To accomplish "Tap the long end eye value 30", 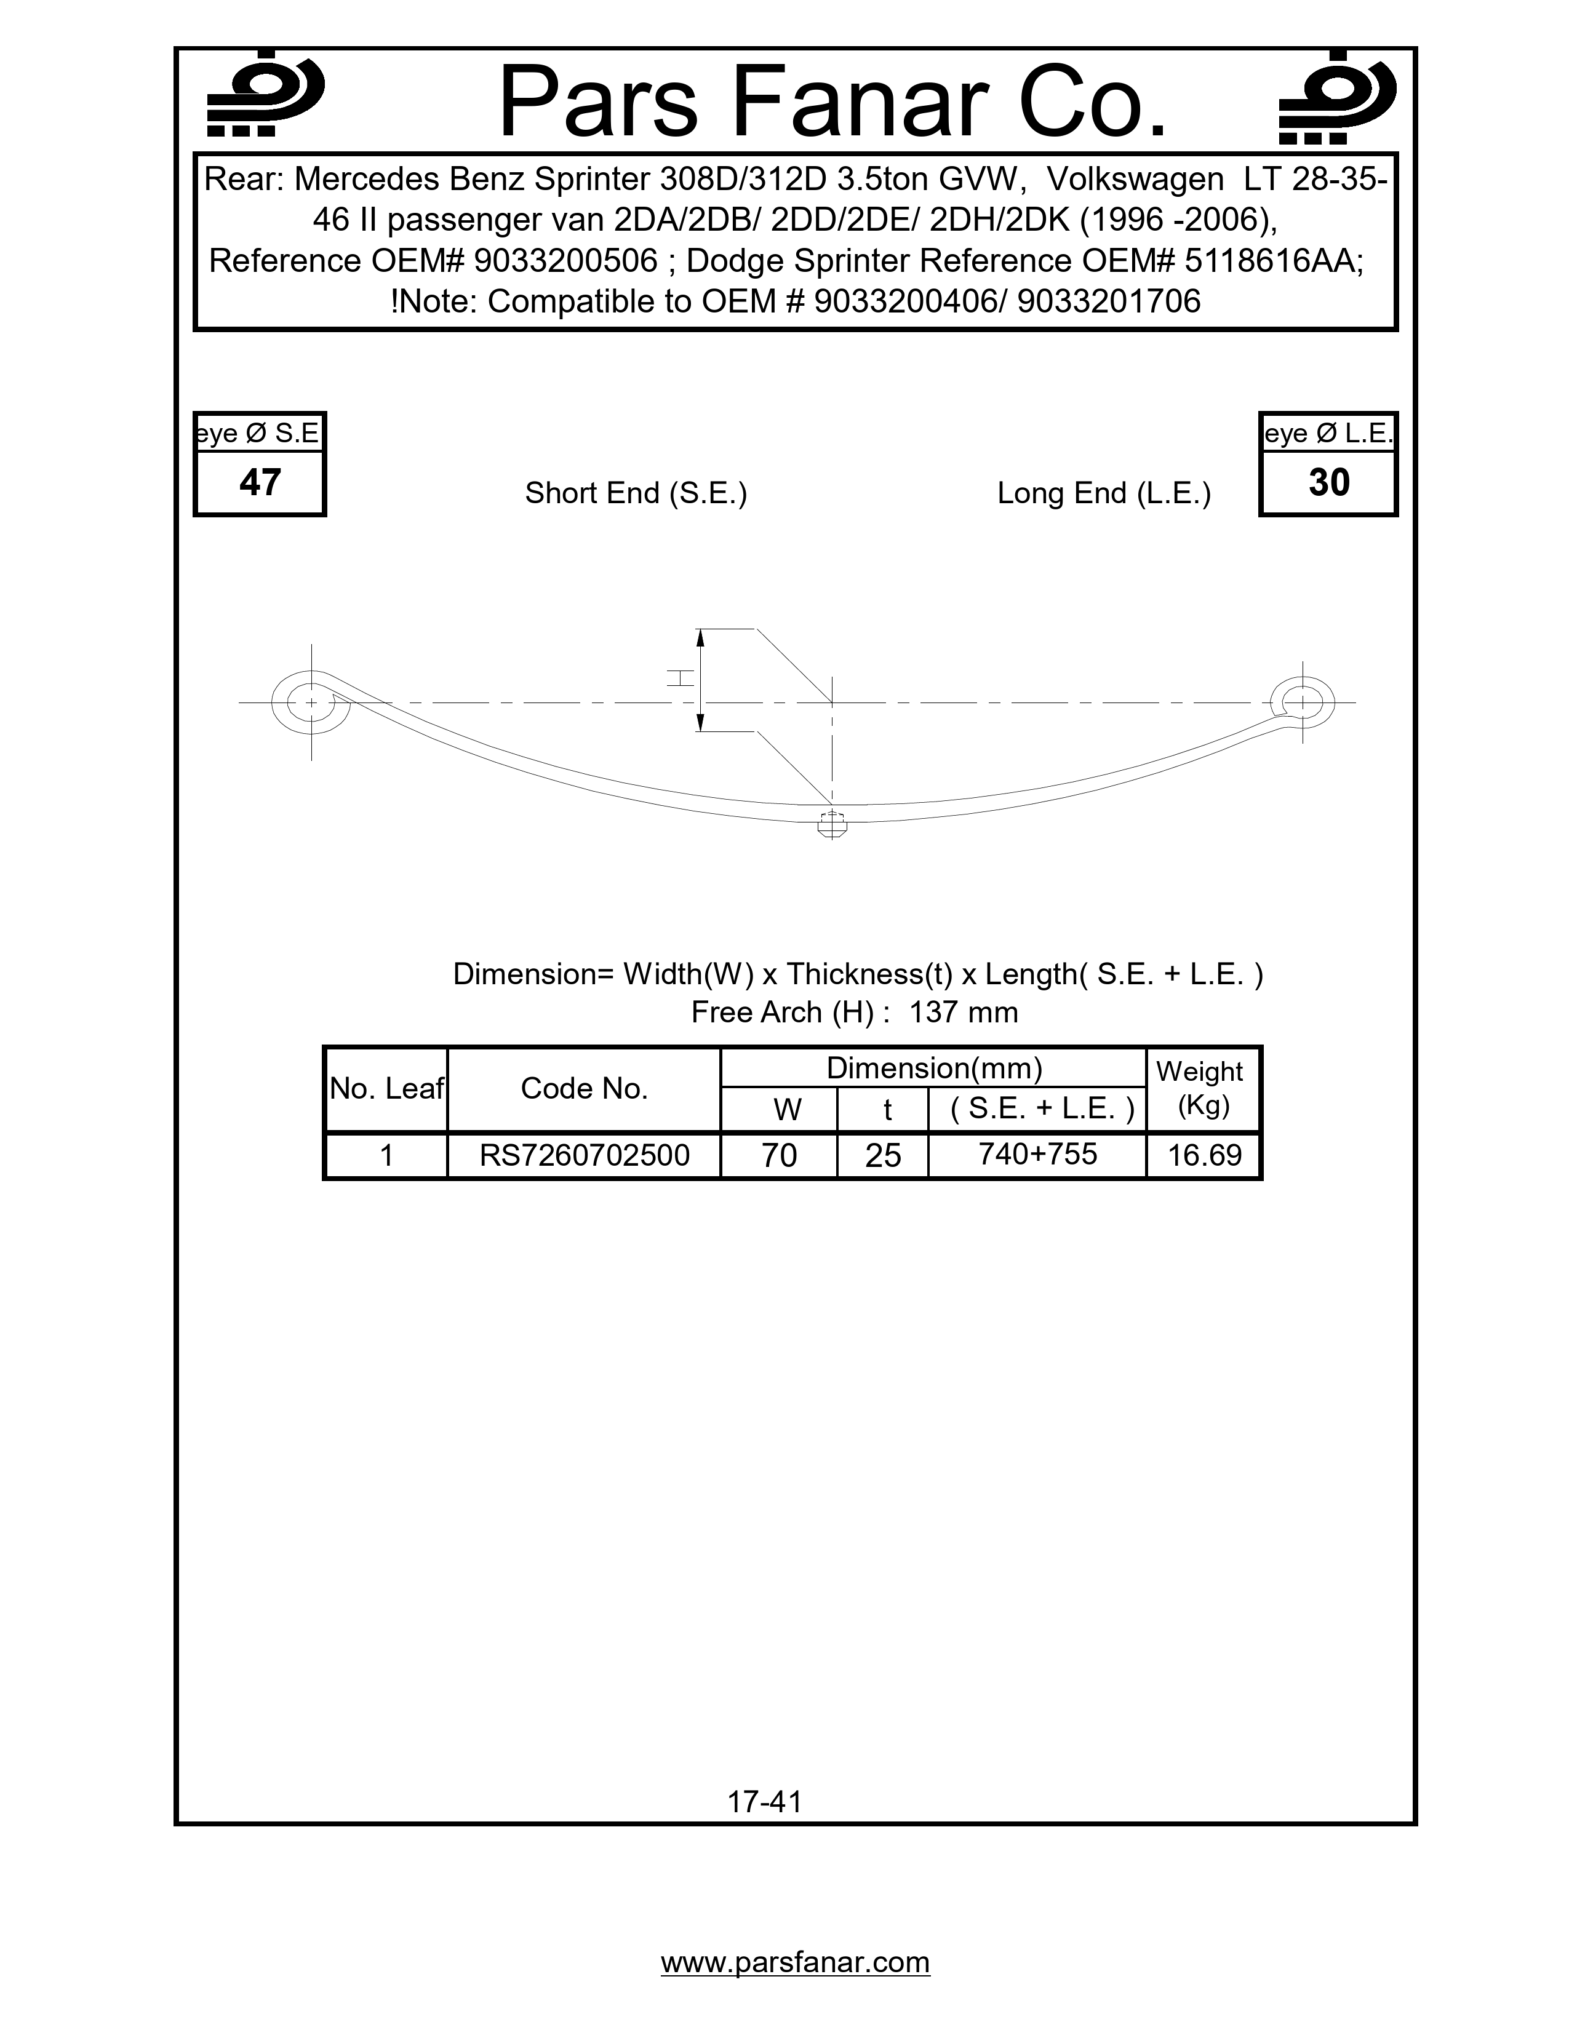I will click(1328, 482).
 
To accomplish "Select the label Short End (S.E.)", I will click(636, 493).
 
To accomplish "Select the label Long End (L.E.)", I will click(1103, 493).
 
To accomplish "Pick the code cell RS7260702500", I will click(584, 1155).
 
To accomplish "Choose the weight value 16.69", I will click(1204, 1155).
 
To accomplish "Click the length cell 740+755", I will click(1037, 1153).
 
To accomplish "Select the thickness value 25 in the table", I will click(883, 1155).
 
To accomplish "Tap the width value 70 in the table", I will click(779, 1155).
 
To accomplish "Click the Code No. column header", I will click(584, 1088).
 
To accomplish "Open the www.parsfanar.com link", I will click(795, 1962).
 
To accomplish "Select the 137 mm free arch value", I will click(963, 1012).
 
